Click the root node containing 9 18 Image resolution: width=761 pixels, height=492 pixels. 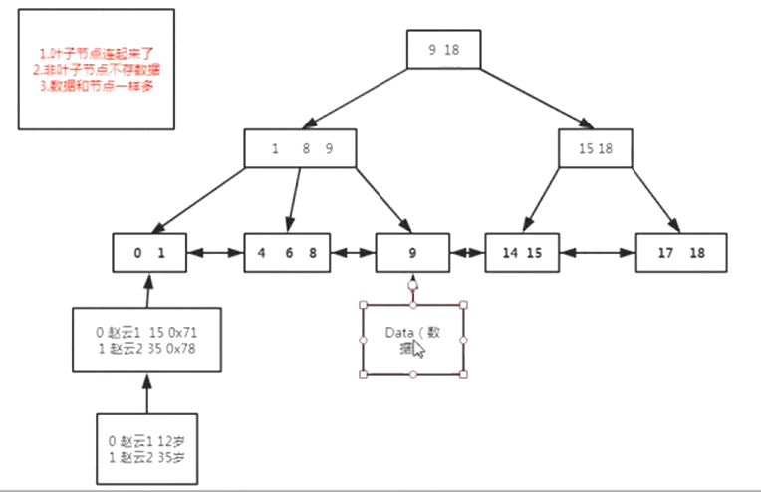444,49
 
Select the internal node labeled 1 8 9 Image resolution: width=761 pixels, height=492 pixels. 301,148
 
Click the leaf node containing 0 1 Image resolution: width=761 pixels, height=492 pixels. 148,253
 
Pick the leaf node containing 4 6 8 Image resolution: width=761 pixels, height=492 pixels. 287,253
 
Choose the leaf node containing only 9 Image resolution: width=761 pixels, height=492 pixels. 412,253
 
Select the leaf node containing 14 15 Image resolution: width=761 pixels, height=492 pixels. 522,253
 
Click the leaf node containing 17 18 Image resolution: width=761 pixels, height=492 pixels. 681,253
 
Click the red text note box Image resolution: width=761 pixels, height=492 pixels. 96,69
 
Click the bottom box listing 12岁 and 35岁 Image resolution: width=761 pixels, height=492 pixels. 148,448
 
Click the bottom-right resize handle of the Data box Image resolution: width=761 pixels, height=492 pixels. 464,374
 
